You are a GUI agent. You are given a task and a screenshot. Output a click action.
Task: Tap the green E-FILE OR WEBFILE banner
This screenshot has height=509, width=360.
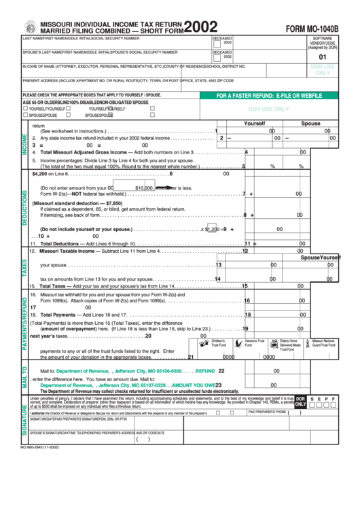click(x=269, y=96)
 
